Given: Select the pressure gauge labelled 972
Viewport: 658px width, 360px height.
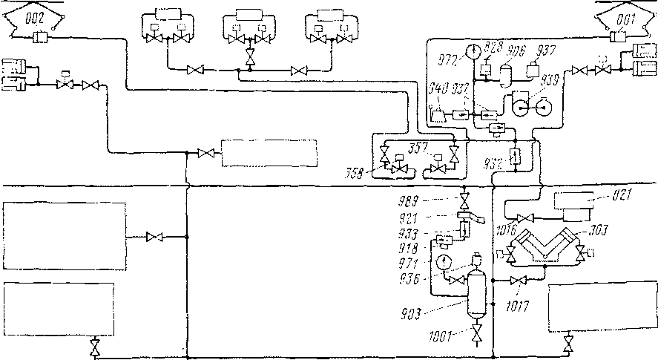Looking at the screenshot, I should (x=470, y=53).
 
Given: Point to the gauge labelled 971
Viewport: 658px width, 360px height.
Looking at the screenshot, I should (x=444, y=261).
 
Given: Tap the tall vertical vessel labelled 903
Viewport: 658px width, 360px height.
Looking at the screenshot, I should (x=474, y=292).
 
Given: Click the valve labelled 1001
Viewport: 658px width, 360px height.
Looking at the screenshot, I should (x=475, y=332).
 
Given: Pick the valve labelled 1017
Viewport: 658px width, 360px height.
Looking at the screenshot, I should (x=520, y=280).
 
